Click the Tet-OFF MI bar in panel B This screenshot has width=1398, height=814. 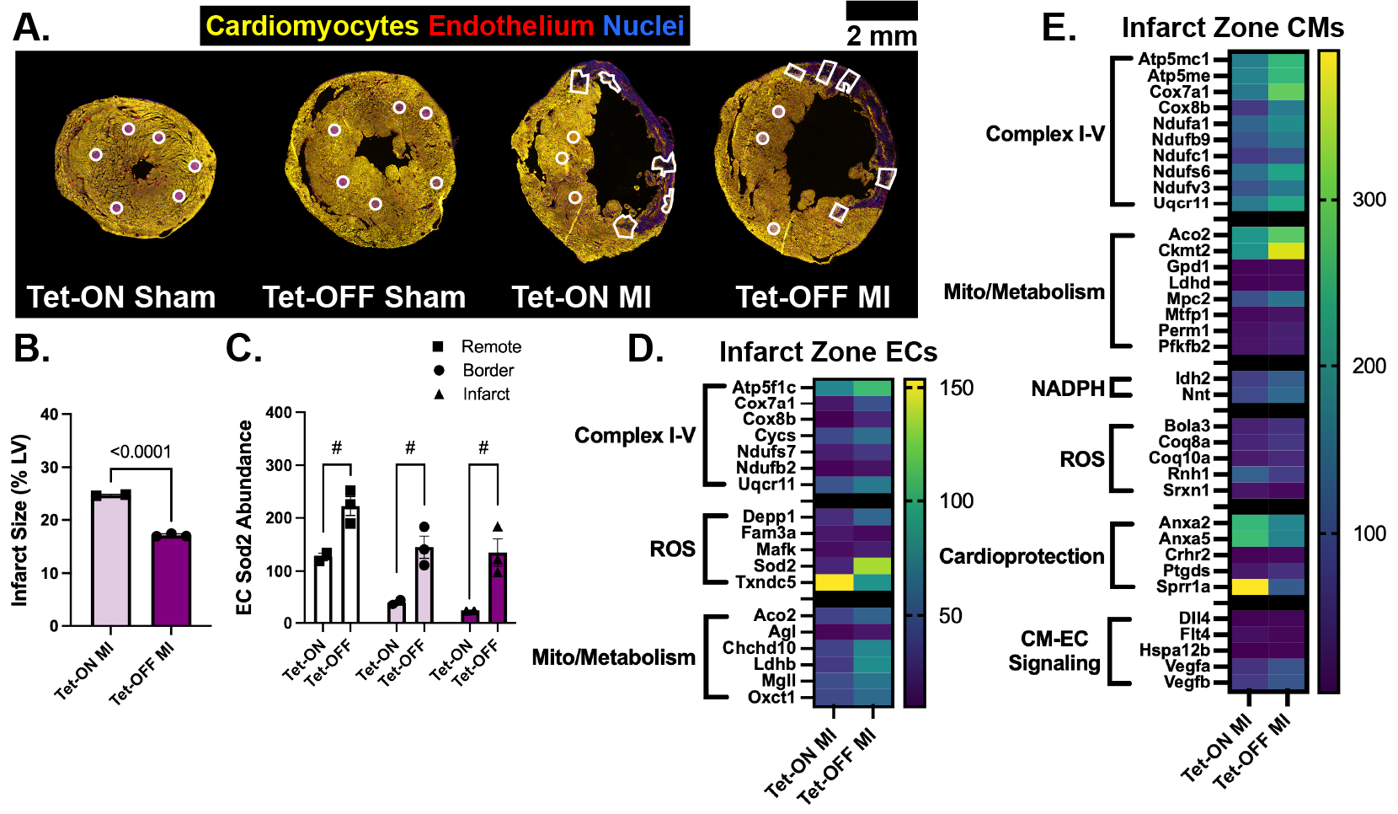[171, 581]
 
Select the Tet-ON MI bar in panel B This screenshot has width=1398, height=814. [110, 560]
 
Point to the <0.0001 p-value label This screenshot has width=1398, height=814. [141, 452]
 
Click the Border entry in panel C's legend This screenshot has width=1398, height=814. [473, 370]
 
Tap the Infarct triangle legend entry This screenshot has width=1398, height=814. [472, 394]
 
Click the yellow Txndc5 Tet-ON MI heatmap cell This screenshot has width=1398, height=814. [834, 582]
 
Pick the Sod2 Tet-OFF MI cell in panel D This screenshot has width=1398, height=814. [872, 566]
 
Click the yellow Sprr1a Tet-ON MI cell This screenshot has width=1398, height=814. [1249, 586]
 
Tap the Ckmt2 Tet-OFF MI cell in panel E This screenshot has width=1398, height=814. [1287, 250]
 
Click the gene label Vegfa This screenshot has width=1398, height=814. [1187, 666]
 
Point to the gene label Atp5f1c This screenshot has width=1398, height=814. [764, 387]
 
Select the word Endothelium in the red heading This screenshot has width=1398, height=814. [510, 25]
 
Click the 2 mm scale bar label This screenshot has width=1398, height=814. [882, 36]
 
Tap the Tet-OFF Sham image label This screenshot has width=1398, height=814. [364, 297]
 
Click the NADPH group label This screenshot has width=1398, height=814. [1068, 388]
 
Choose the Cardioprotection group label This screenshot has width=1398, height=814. [1022, 555]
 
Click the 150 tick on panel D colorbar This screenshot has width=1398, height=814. [958, 388]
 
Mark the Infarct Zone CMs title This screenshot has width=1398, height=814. [1233, 28]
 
